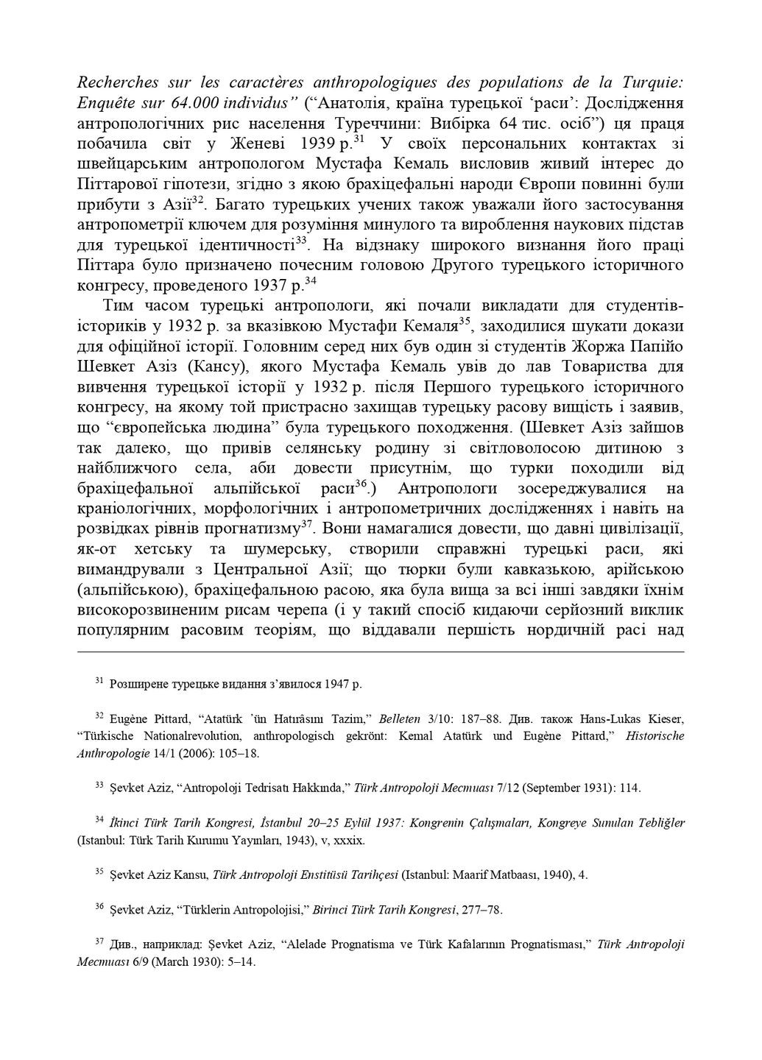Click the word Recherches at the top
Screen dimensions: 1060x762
[115, 82]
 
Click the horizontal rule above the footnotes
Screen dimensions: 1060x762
[381, 651]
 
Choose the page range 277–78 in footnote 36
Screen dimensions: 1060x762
[479, 910]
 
